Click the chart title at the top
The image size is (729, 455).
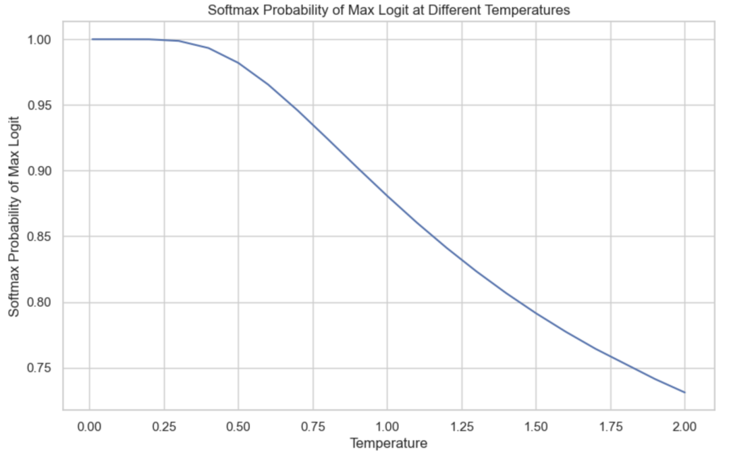(388, 10)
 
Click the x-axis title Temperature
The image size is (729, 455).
(388, 444)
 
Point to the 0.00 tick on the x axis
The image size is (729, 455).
(89, 427)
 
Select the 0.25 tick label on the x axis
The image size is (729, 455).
(163, 427)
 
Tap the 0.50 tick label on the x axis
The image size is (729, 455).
(238, 427)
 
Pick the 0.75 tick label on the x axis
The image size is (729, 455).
(313, 427)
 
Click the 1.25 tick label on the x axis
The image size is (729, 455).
(462, 427)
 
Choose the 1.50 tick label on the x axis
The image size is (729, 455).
(536, 427)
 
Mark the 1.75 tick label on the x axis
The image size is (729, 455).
(610, 427)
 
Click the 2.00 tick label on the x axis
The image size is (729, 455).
(684, 427)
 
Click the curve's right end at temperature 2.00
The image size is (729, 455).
(684, 392)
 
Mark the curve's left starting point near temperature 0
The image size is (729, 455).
(92, 39)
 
